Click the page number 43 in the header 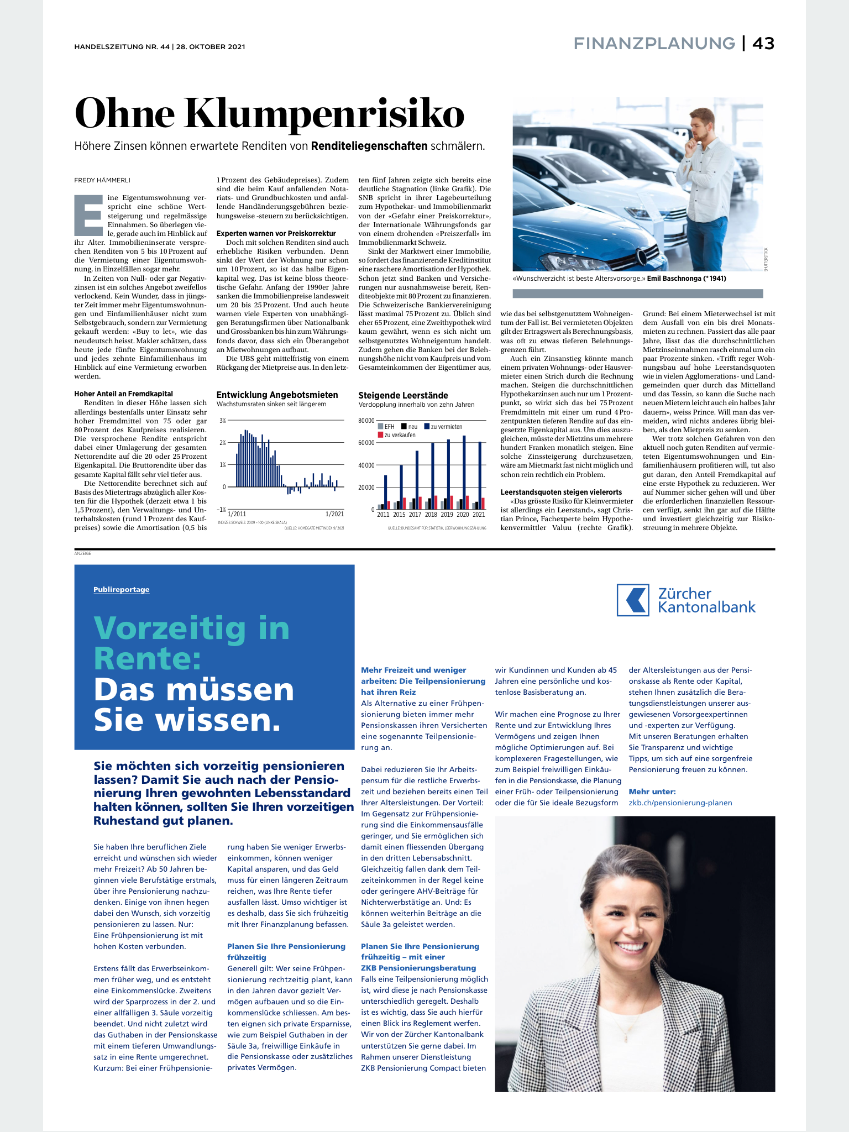[x=763, y=43]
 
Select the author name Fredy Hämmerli [x=102, y=180]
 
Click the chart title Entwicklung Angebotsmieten [x=277, y=395]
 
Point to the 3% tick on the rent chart [x=222, y=421]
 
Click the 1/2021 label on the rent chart [x=334, y=514]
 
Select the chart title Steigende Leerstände [x=403, y=395]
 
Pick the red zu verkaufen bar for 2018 [x=436, y=502]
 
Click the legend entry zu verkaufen [x=400, y=435]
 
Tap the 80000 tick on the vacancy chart [x=366, y=421]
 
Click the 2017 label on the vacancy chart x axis [x=415, y=515]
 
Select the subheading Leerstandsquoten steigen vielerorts [x=561, y=492]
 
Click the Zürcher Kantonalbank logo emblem [x=633, y=600]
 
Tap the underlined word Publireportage [x=122, y=590]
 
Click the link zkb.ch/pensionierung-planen [x=680, y=803]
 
